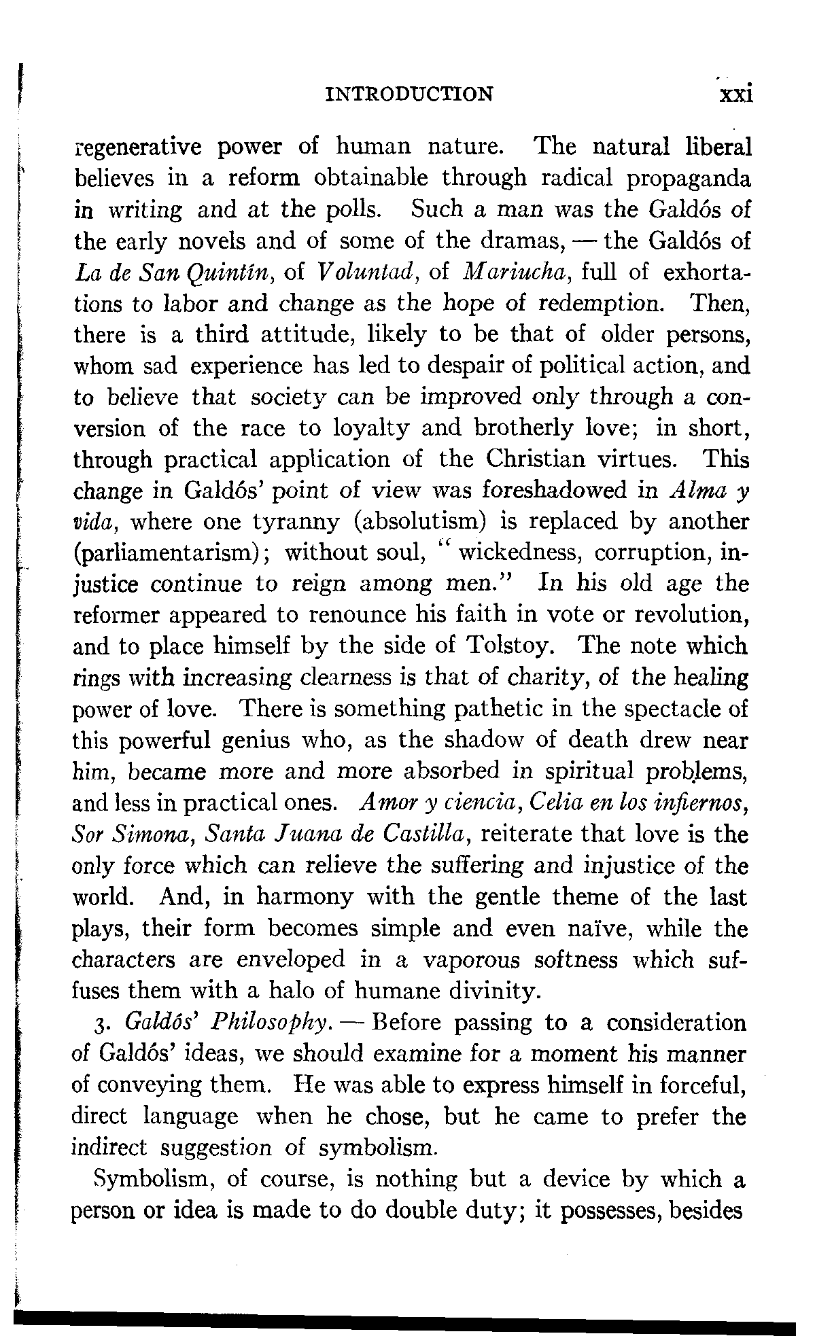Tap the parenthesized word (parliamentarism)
click(x=171, y=554)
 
